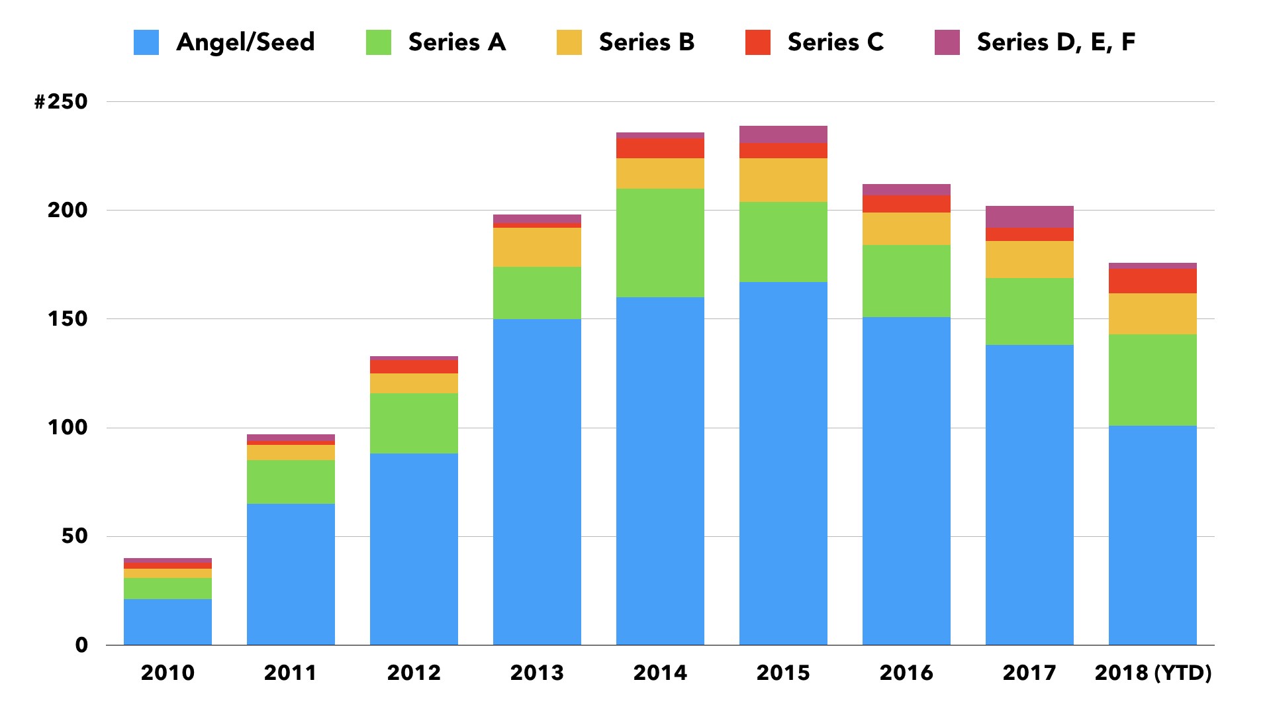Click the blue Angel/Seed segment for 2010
click(x=167, y=622)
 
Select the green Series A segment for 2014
click(x=660, y=242)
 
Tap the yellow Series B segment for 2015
click(x=783, y=179)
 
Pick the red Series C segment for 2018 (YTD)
click(x=1153, y=281)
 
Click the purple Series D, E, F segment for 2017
click(x=1029, y=216)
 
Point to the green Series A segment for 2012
click(x=414, y=423)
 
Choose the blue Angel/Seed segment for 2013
click(x=537, y=481)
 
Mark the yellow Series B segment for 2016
click(x=906, y=228)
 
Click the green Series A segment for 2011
click(x=291, y=481)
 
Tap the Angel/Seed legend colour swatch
click(x=146, y=42)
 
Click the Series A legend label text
click(x=457, y=42)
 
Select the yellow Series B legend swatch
click(x=569, y=42)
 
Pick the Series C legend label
click(x=835, y=42)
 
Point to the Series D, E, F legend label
click(x=1056, y=42)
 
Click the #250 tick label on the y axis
click(x=61, y=101)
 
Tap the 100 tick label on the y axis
click(x=67, y=427)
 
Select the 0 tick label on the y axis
click(x=81, y=645)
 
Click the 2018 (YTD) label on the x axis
click(x=1153, y=673)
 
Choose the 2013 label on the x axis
click(x=537, y=673)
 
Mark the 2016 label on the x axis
click(x=906, y=673)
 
